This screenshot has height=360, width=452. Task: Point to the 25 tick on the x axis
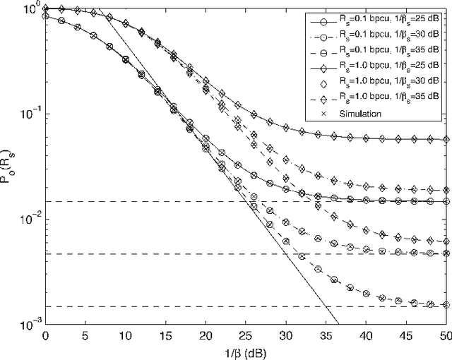(x=245, y=335)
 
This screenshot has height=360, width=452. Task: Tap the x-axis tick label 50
(x=445, y=335)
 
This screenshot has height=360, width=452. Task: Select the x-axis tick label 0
(x=44, y=335)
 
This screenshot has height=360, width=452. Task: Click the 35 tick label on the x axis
(x=325, y=335)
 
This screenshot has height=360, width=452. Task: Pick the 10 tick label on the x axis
(x=125, y=335)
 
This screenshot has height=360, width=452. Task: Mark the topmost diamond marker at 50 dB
(x=445, y=140)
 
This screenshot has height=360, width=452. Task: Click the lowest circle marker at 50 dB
(x=445, y=305)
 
